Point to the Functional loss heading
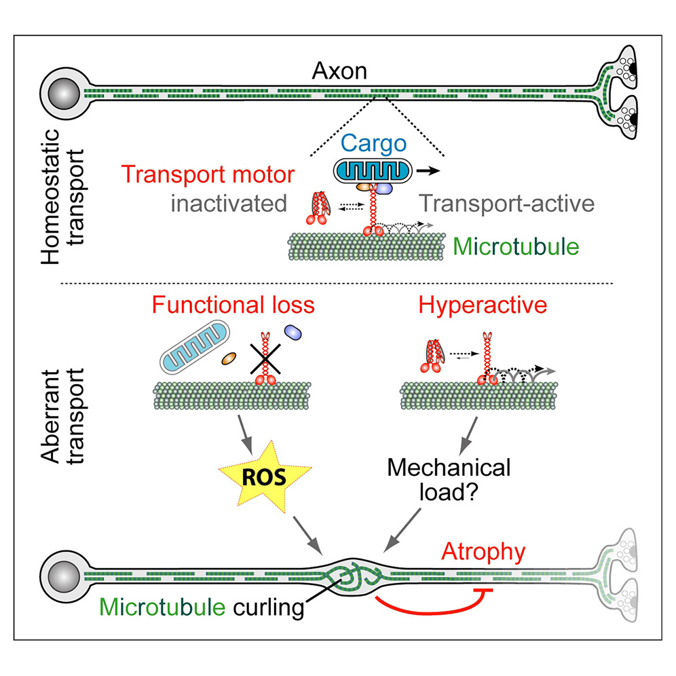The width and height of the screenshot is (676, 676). click(233, 305)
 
